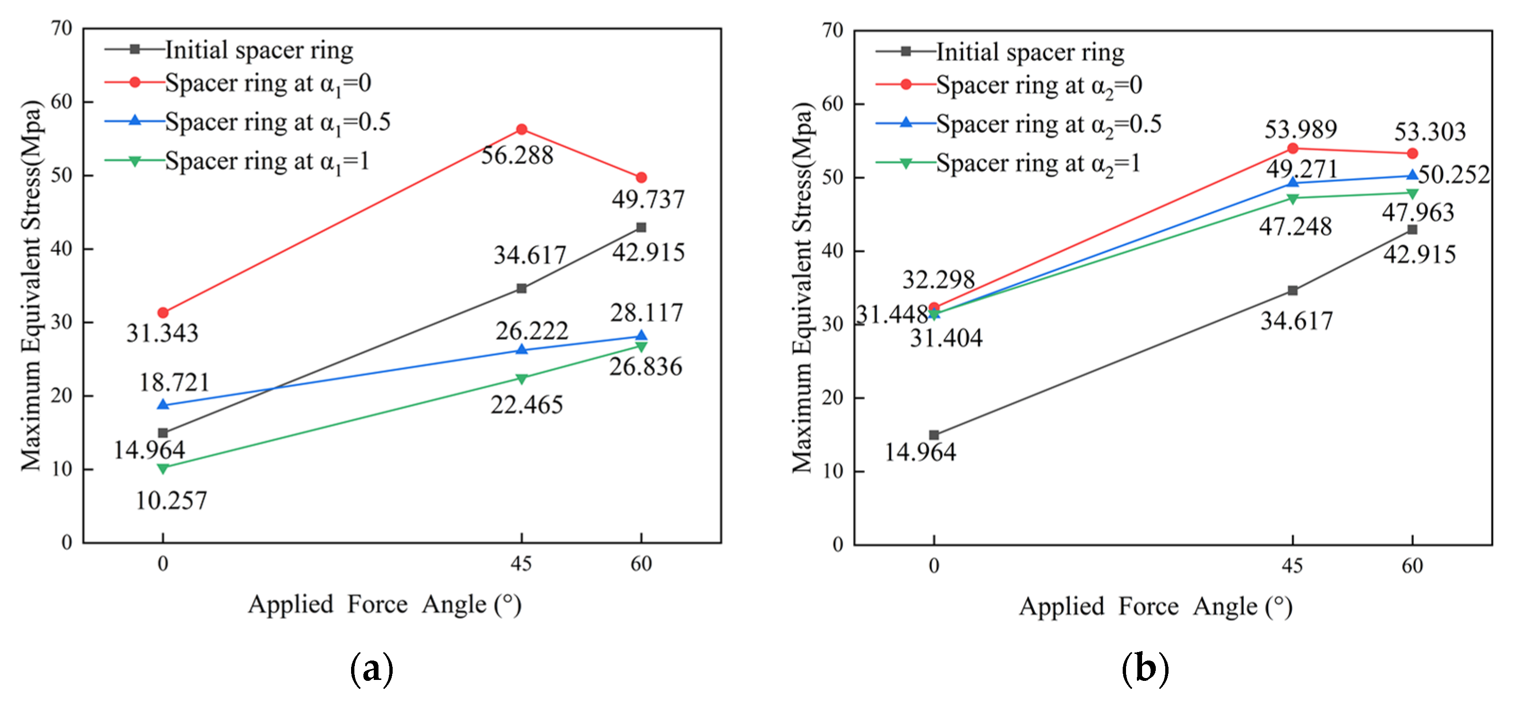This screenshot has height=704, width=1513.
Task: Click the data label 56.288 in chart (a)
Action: click(x=517, y=155)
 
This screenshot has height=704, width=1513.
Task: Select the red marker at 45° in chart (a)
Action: click(x=522, y=129)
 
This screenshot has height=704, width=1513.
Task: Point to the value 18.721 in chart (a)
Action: click(x=174, y=383)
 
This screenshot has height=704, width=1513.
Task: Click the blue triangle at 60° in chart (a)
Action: click(x=641, y=336)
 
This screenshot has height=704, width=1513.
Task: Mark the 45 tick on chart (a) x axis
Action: click(x=521, y=564)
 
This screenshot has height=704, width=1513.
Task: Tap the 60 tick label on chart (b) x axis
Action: click(x=1412, y=566)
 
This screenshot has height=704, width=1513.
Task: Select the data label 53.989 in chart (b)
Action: click(x=1300, y=129)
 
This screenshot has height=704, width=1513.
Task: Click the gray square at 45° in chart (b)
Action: click(x=1292, y=291)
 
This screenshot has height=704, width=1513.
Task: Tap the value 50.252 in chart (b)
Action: click(x=1454, y=174)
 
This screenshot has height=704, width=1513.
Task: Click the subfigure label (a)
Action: click(x=371, y=669)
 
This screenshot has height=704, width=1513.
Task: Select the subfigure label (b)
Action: click(x=1145, y=669)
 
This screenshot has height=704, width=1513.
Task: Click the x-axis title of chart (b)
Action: click(x=1155, y=607)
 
